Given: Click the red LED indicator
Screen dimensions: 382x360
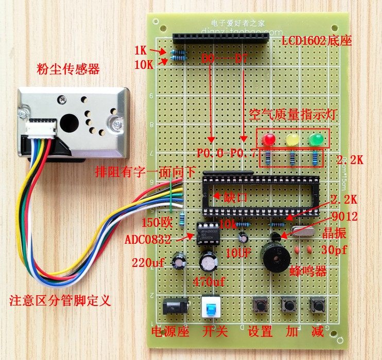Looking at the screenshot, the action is pyautogui.click(x=268, y=139).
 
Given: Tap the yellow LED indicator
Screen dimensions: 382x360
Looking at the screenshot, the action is pyautogui.click(x=292, y=139).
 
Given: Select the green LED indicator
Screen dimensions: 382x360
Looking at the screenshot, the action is pyautogui.click(x=315, y=139).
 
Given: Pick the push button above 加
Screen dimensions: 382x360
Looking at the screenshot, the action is pyautogui.click(x=289, y=307).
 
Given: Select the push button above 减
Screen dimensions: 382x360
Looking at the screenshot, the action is pyautogui.click(x=317, y=307).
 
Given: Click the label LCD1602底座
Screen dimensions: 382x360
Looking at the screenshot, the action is pyautogui.click(x=317, y=40).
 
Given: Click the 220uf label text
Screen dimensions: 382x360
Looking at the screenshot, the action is pyautogui.click(x=148, y=262).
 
